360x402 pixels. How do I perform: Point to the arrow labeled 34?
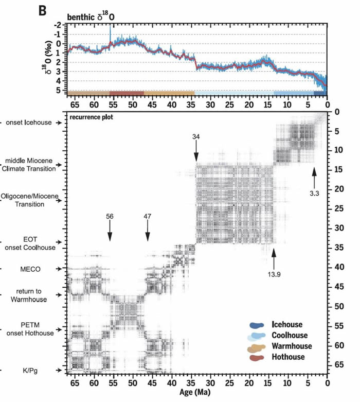pos(196,150)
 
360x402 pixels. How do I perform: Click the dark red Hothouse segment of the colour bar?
pos(127,93)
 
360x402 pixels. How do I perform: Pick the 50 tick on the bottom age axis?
pos(132,383)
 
